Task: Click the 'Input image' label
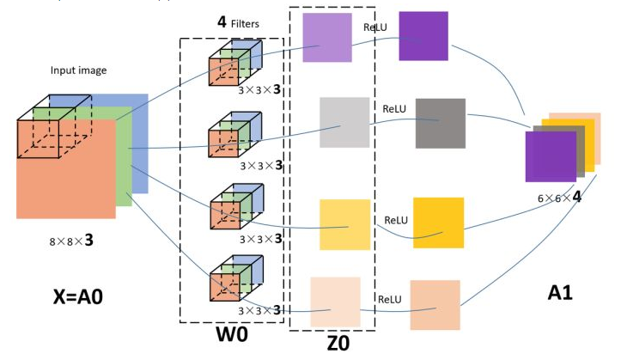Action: coord(79,70)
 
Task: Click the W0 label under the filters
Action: coord(231,335)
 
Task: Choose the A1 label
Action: coord(560,294)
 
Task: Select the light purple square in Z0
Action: coord(327,37)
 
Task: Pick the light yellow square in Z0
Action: coord(344,224)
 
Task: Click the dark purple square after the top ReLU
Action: coord(423,36)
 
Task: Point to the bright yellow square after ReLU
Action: coord(438,223)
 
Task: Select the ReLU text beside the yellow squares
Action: coord(395,220)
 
